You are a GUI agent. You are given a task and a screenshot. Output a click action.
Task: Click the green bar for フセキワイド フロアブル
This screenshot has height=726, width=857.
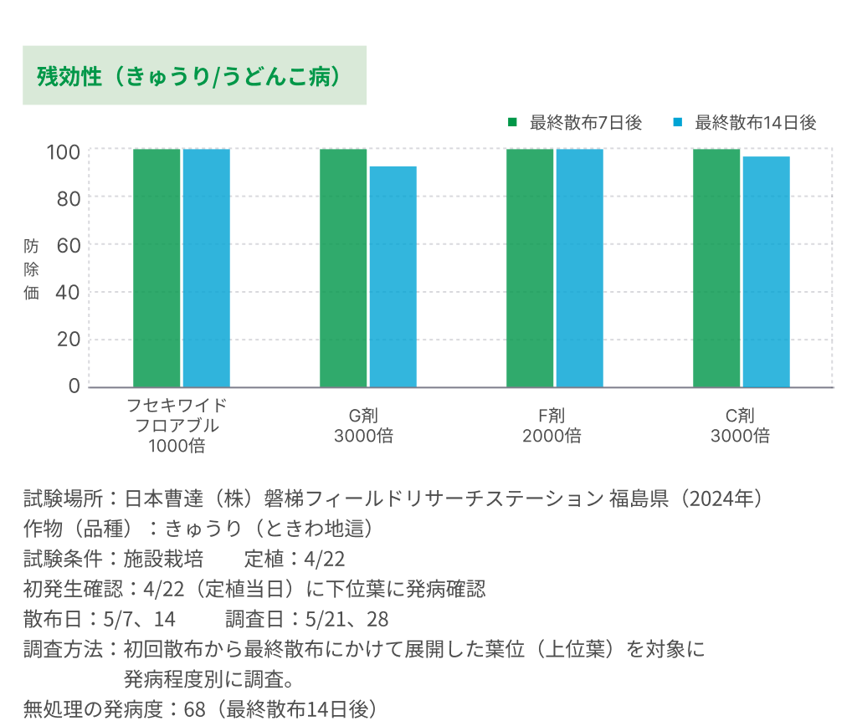pos(157,268)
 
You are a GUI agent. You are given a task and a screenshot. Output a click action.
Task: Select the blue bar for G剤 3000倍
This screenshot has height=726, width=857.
pos(393,276)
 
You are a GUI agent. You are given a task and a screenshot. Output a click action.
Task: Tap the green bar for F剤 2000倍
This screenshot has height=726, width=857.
pos(530,268)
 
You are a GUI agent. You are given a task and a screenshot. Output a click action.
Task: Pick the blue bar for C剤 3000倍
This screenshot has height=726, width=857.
pos(767,272)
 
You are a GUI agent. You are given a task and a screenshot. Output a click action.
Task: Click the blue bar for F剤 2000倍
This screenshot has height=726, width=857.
pos(580,268)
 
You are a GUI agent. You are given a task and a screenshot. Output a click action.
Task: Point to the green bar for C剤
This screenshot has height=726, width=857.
pos(716,268)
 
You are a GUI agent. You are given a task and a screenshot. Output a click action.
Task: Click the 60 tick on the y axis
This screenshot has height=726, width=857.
pos(69,245)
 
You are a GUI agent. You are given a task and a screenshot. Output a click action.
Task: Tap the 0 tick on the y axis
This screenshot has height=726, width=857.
pos(74,386)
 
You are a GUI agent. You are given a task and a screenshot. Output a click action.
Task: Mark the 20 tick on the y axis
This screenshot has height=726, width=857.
pos(69,340)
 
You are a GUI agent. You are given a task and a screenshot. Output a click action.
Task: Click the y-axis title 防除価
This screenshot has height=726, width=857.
pos(31,269)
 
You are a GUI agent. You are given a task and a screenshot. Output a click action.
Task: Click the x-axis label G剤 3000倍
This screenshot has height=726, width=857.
pos(364,425)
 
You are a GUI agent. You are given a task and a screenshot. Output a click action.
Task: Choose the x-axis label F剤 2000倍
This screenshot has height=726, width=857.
pos(552,425)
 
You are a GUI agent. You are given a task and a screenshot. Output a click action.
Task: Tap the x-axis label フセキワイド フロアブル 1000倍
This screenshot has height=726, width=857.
pos(177,425)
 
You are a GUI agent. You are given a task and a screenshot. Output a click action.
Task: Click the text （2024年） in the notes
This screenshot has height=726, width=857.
pos(721,499)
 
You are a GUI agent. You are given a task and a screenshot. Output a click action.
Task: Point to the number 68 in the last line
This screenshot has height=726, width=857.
pos(195,709)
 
